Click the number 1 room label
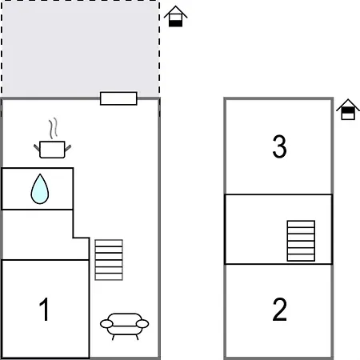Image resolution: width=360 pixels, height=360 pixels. point(44,309)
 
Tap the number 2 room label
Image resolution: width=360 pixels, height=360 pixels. point(279,310)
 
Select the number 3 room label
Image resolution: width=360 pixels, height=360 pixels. point(279,146)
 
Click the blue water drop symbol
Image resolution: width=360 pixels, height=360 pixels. point(40,189)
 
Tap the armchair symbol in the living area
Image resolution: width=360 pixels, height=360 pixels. point(125,326)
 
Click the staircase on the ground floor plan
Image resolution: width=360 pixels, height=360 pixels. point(109,260)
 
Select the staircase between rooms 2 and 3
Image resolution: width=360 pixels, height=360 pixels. point(301,241)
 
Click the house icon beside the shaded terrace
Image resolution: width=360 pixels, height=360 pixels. point(175,16)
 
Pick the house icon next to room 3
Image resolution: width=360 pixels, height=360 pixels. point(348,110)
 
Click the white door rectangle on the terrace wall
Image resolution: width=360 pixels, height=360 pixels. point(118,98)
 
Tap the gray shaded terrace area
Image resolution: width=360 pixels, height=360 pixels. point(80,49)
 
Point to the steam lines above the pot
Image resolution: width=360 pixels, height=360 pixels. point(54,128)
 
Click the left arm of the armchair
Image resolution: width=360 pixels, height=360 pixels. point(106,324)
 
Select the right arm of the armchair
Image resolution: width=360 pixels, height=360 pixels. point(142,324)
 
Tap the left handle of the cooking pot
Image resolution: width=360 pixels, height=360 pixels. point(37,147)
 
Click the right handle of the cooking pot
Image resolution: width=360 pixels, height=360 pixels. point(68,148)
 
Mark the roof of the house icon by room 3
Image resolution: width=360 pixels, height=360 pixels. point(348,105)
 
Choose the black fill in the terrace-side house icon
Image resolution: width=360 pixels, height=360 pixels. point(175,23)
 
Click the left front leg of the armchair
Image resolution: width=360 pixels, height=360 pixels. point(113,338)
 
